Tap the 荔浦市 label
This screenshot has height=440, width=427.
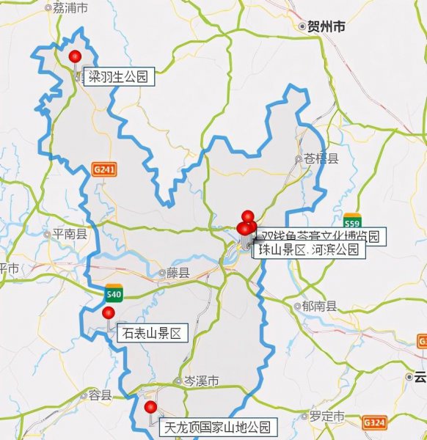tap(70, 8)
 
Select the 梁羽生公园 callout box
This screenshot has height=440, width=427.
tap(119, 76)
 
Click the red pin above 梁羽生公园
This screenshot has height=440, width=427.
tap(74, 57)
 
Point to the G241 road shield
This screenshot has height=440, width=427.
tap(104, 169)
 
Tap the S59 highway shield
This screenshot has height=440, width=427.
tap(352, 223)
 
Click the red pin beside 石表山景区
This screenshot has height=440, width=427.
tap(109, 314)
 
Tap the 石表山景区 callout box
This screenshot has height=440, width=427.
tap(152, 334)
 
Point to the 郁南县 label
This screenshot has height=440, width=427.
tap(319, 307)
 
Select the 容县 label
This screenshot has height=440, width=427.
tap(99, 395)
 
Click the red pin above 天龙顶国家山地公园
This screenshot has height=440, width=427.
tap(150, 407)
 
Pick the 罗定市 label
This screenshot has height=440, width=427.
tap(326, 416)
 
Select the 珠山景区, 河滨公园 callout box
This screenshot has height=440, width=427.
tap(309, 250)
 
